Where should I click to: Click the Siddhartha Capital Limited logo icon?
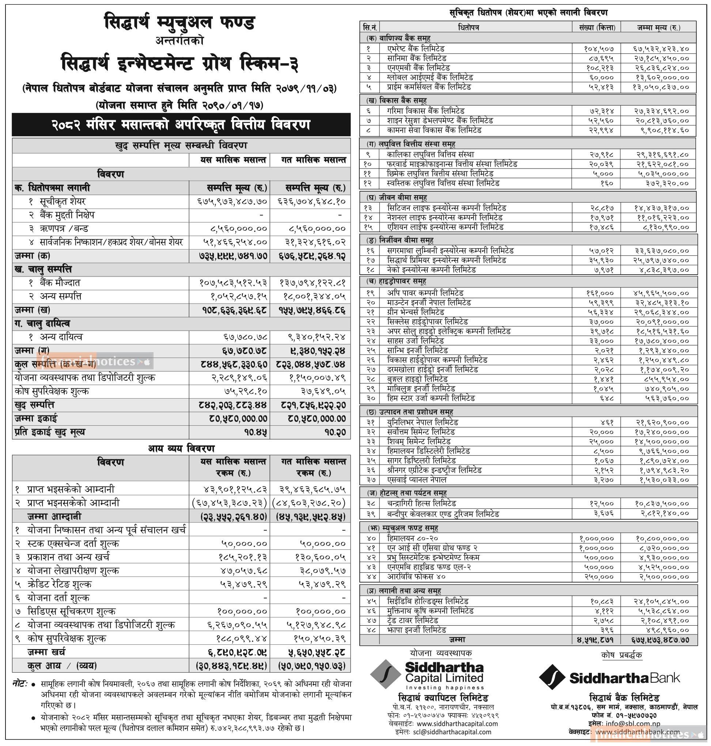pyautogui.click(x=385, y=674)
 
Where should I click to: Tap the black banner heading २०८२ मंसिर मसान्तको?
pyautogui.click(x=181, y=125)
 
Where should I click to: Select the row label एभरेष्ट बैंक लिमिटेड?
pyautogui.click(x=415, y=49)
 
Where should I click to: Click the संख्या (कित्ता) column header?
pyautogui.click(x=597, y=27)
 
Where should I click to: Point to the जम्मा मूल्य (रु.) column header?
pyautogui.click(x=658, y=27)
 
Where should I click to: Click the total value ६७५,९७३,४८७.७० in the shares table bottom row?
pyautogui.click(x=660, y=640)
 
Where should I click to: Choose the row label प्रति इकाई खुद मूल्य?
pyautogui.click(x=50, y=432)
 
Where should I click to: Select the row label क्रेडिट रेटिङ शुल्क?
pyautogui.click(x=59, y=584)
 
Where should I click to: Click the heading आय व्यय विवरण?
pyautogui.click(x=181, y=449)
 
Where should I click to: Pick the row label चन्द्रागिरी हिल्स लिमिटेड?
pyautogui.click(x=421, y=504)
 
